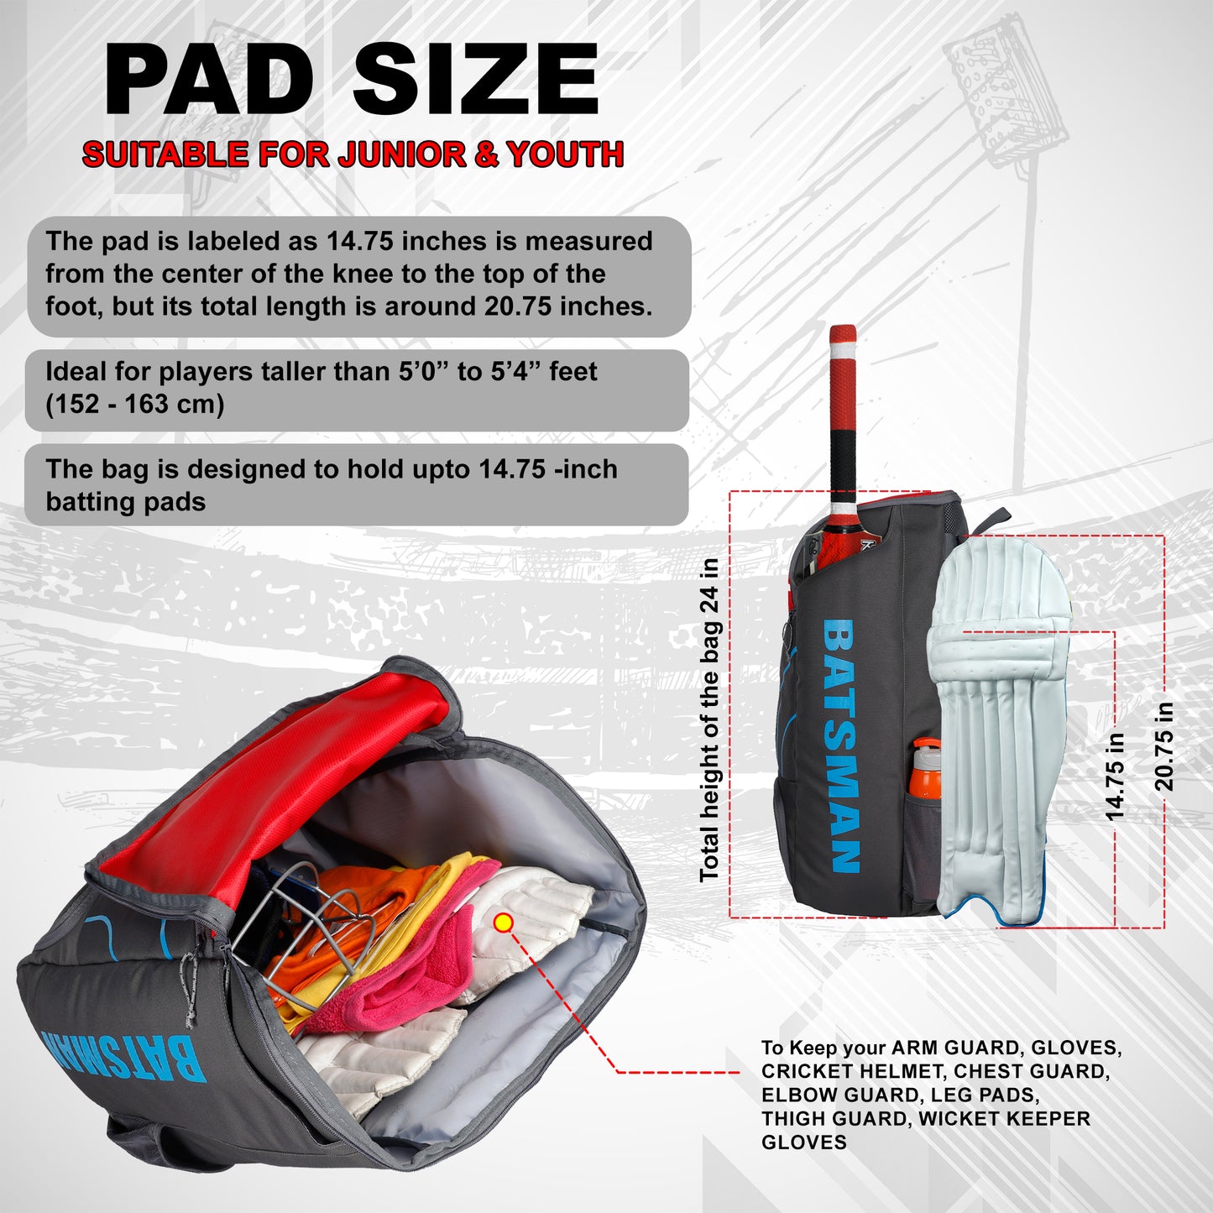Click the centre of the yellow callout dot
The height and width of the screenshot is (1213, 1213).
504,923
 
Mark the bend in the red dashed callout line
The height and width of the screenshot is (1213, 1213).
617,1071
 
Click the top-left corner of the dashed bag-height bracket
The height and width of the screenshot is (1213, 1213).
730,492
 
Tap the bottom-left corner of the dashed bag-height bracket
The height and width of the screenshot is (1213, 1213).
730,917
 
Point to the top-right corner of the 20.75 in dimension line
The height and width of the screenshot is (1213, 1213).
1164,536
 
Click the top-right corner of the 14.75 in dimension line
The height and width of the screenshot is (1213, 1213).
1115,630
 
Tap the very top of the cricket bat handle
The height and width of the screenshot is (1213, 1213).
843,326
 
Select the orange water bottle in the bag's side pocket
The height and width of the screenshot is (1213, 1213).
926,769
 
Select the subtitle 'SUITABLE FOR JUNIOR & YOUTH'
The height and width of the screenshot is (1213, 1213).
353,154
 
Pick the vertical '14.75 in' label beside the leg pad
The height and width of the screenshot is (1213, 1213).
1116,776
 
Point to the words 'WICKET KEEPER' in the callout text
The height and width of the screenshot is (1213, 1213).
1004,1118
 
